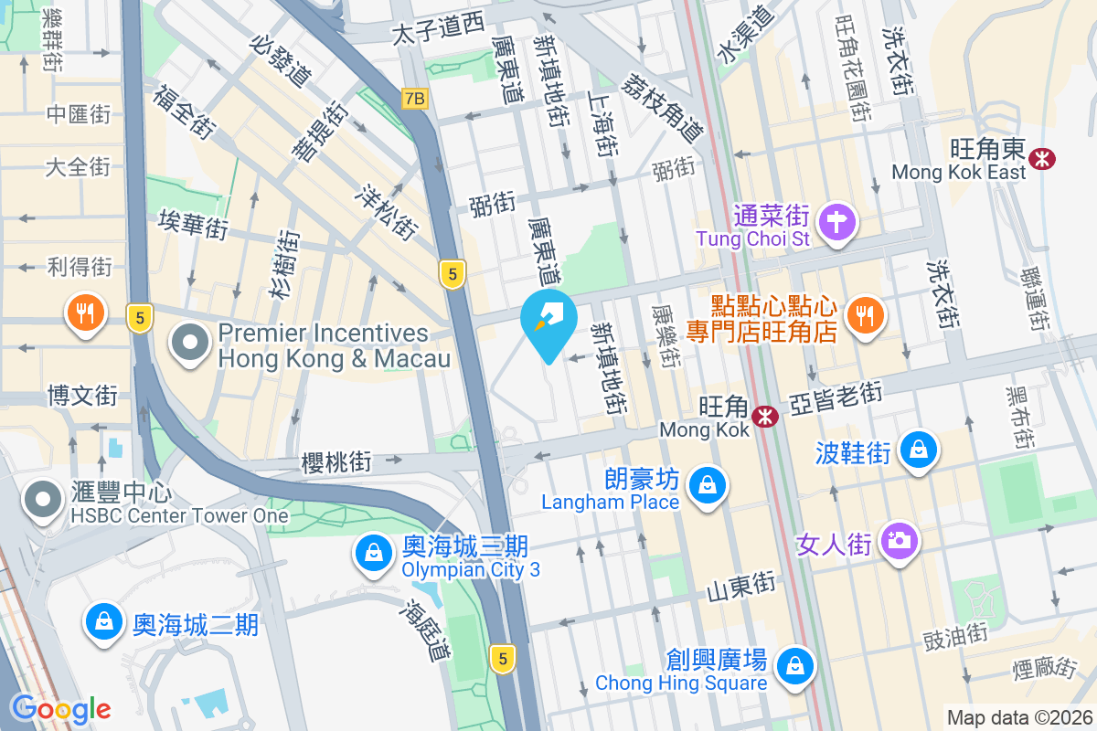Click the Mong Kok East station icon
pyautogui.click(x=1041, y=158)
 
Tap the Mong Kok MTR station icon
pyautogui.click(x=764, y=418)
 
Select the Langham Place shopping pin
pyautogui.click(x=708, y=483)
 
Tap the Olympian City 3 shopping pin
pyautogui.click(x=374, y=553)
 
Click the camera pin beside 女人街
pyautogui.click(x=900, y=540)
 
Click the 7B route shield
pyautogui.click(x=414, y=98)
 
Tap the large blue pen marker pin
pyautogui.click(x=548, y=322)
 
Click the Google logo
pyautogui.click(x=60, y=709)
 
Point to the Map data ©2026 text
pyautogui.click(x=1018, y=718)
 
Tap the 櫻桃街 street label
pyautogui.click(x=336, y=463)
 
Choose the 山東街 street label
pyautogui.click(x=741, y=588)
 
